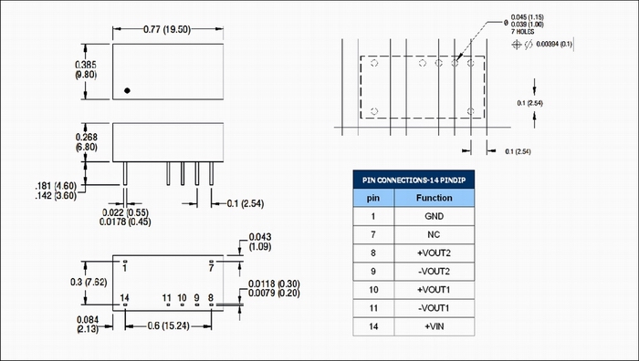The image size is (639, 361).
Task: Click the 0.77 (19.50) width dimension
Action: [x=167, y=29]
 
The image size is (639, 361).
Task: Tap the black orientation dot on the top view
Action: [x=127, y=90]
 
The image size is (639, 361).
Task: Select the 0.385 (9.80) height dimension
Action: [x=86, y=69]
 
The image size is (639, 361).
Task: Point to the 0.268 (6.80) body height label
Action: [x=87, y=142]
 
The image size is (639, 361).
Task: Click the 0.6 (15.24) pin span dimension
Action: [x=169, y=326]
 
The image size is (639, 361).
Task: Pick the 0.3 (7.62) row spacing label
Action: [x=89, y=282]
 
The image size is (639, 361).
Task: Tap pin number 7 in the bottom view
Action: [x=211, y=268]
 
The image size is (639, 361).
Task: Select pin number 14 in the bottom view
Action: [x=124, y=298]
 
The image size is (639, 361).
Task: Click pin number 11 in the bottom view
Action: [x=167, y=298]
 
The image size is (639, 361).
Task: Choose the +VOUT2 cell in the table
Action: [x=434, y=253]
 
